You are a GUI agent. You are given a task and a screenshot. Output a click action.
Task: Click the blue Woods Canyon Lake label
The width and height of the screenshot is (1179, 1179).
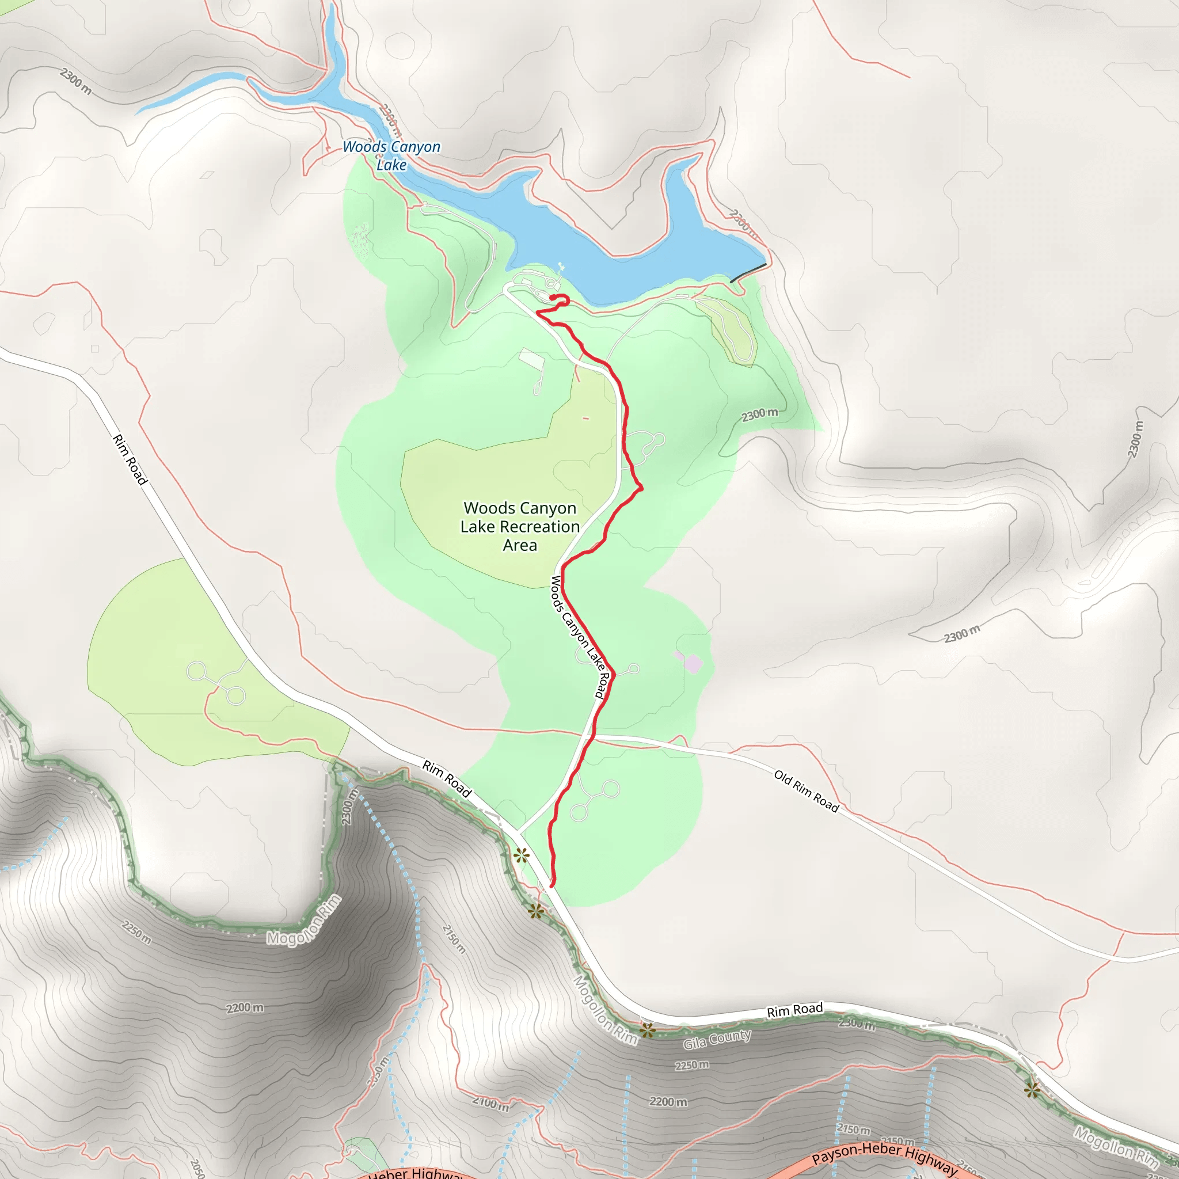click(391, 155)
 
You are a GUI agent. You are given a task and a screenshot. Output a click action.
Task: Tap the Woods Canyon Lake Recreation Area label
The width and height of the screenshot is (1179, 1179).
click(520, 527)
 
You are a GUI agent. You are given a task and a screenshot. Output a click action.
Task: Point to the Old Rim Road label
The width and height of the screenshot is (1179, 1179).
click(807, 791)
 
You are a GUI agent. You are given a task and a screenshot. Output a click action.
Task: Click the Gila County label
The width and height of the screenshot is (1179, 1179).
click(717, 1039)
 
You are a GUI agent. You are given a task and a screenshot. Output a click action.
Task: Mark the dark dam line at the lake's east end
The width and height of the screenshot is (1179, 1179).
click(748, 273)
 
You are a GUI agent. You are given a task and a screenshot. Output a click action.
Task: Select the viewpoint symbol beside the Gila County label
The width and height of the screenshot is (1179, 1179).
click(648, 1030)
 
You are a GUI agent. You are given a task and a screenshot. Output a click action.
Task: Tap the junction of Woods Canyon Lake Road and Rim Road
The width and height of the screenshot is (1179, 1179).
click(518, 832)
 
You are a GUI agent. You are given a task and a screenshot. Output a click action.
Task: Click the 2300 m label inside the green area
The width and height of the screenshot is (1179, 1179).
click(760, 414)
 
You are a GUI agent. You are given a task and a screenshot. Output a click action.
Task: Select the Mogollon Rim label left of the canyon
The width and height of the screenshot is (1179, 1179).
click(304, 921)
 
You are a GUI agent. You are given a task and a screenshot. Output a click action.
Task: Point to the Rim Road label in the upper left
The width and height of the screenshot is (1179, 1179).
click(130, 459)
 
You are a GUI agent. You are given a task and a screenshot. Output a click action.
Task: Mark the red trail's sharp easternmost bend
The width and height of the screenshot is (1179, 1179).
click(641, 487)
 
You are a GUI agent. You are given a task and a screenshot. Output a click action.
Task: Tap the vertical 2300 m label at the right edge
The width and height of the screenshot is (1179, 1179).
click(1135, 439)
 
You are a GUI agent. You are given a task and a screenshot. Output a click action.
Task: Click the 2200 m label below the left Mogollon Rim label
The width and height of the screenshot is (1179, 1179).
click(245, 1007)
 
